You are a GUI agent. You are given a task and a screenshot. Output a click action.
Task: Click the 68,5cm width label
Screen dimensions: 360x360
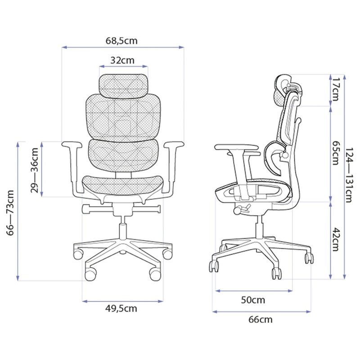[x=121, y=41]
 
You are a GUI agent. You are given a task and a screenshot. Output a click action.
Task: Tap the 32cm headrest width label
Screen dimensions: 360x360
[x=122, y=60]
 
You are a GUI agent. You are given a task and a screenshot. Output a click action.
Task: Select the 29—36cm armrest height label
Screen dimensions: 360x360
[x=35, y=170]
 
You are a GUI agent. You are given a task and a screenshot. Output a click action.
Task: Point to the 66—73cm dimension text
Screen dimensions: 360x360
[x=11, y=213]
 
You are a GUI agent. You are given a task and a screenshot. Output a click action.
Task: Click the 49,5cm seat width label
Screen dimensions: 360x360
[x=121, y=309]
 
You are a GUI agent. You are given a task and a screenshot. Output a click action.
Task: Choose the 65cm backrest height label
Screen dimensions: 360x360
[x=335, y=153]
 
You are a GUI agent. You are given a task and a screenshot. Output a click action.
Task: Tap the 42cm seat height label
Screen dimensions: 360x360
[x=335, y=239]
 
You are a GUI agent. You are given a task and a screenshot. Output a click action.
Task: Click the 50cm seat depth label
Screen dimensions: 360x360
[x=253, y=300]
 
